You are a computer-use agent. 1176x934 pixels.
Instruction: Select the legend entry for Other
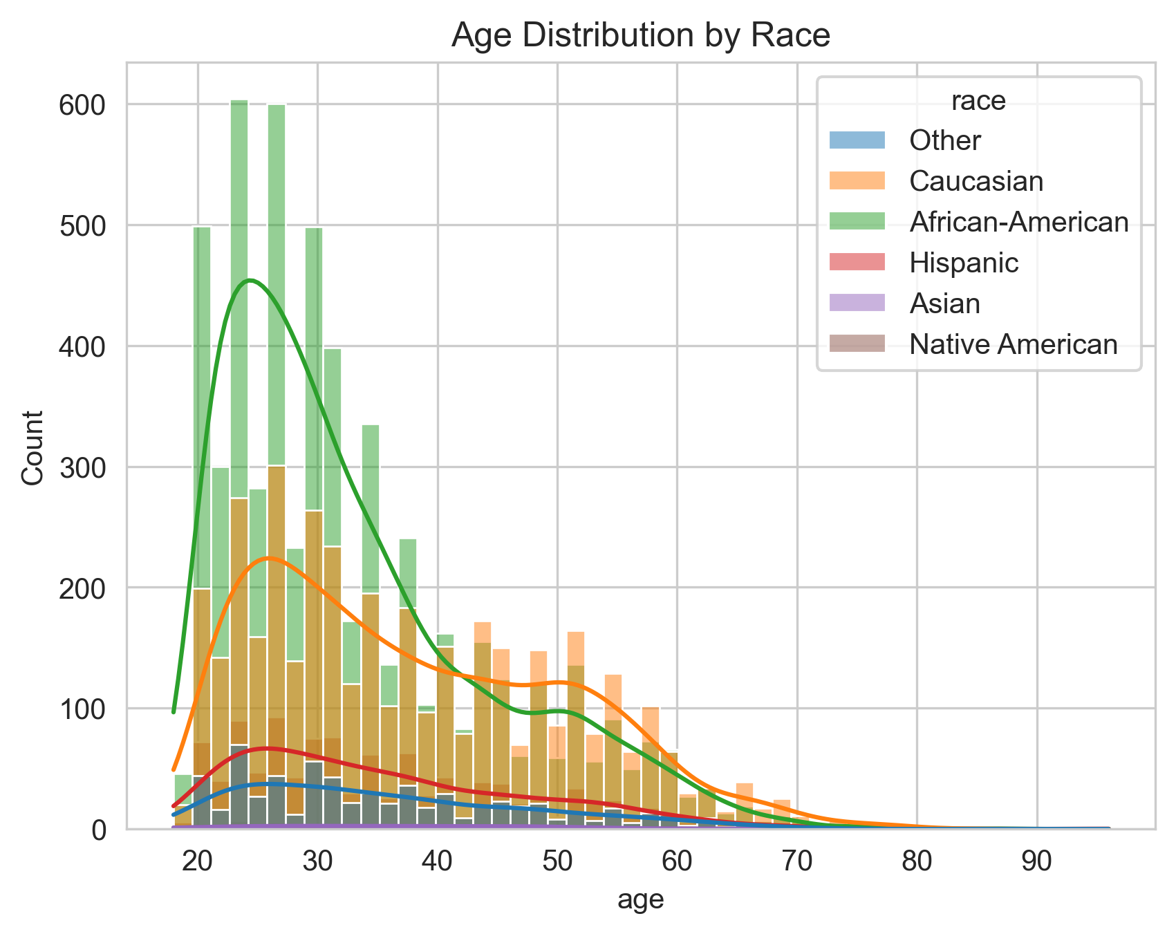pos(944,141)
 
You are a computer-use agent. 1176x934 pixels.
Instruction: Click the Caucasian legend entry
pos(976,182)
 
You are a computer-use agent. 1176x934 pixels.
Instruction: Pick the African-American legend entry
pos(1018,222)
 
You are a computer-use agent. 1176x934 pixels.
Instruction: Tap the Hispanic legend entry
pos(963,263)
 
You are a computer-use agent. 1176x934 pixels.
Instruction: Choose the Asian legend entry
pos(944,303)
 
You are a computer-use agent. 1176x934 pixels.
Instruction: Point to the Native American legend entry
pos(1013,344)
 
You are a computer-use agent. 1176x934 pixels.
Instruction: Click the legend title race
pos(978,102)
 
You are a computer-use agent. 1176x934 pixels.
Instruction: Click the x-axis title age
pos(640,900)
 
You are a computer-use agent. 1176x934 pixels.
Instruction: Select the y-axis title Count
pos(32,448)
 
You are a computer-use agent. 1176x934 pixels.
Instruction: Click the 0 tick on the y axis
pos(101,830)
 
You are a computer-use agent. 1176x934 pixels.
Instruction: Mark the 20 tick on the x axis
pos(198,861)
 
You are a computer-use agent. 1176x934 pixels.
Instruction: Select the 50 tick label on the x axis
pos(557,861)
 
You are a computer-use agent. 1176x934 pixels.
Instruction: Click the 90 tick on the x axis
pos(1036,861)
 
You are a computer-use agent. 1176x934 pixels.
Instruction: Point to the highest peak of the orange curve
pos(268,558)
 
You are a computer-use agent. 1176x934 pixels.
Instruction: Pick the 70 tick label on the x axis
pos(797,861)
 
